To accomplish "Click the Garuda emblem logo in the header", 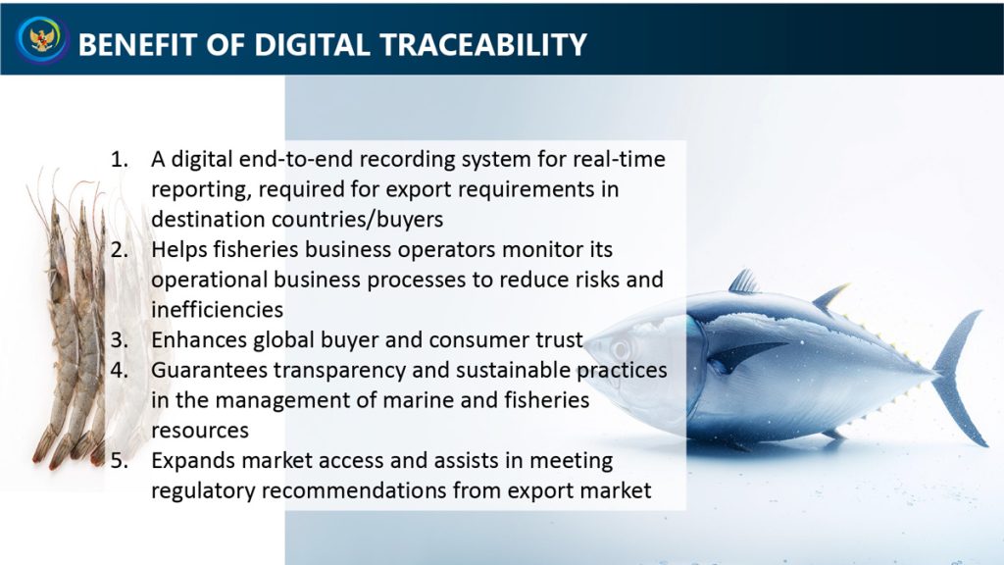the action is [42, 39].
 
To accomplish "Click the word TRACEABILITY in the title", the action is [483, 45].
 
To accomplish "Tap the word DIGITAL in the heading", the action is [312, 45].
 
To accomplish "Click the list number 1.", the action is [119, 159].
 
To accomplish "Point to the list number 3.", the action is [119, 339].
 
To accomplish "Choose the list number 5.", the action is [119, 460].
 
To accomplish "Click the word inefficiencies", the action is [217, 309].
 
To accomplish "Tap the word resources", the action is [200, 431].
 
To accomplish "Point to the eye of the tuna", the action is [620, 350].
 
